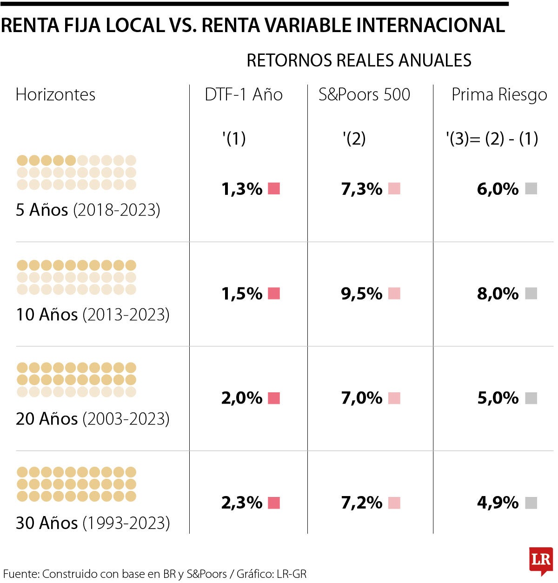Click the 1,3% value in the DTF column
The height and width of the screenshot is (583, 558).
tap(242, 189)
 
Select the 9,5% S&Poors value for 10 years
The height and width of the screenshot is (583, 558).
tap(362, 294)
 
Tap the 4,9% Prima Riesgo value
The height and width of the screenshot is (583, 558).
tap(498, 503)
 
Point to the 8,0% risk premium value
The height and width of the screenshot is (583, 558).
tap(498, 294)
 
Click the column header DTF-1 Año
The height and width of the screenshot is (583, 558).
tap(244, 95)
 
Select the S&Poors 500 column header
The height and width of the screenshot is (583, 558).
tap(364, 95)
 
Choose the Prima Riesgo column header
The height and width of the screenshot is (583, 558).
tap(499, 95)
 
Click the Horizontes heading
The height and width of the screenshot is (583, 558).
tap(55, 95)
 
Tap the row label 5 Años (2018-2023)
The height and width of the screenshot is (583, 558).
tap(88, 210)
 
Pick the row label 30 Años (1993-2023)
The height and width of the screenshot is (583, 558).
tap(93, 523)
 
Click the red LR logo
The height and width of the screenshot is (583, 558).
tap(541, 560)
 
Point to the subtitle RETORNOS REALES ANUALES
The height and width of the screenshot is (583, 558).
tap(359, 60)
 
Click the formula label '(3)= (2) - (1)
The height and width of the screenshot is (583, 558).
tap(492, 139)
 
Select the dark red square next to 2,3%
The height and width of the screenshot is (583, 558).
tap(274, 503)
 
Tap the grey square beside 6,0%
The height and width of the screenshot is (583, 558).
tap(531, 189)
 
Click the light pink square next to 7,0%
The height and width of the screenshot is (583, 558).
tap(394, 398)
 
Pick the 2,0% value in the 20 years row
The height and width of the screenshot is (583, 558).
tap(242, 398)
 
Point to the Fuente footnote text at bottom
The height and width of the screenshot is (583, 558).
tap(155, 574)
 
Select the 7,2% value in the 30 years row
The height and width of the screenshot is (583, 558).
tap(362, 503)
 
